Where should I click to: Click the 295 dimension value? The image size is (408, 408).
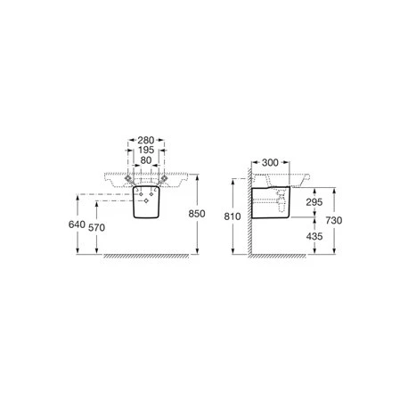[x=313, y=204]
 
